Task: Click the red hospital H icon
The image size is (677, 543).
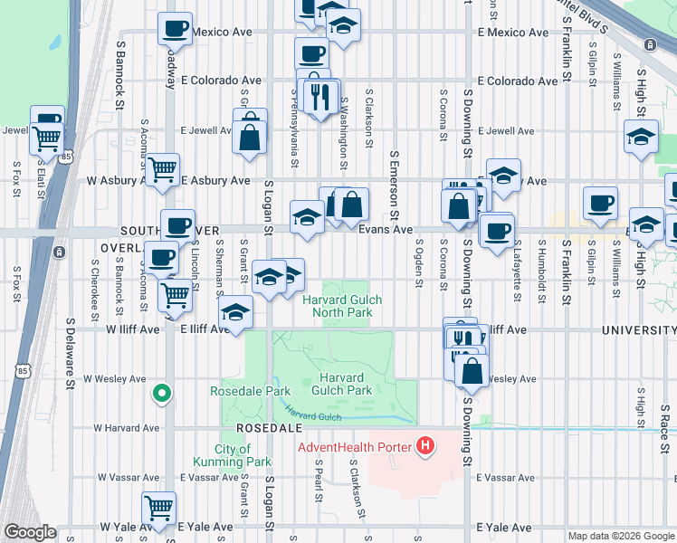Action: pos(424,445)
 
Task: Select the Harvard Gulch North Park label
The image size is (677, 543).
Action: pos(342,307)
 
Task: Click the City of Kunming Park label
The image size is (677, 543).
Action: pos(243,455)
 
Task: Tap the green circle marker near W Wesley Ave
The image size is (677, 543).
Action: pos(161,393)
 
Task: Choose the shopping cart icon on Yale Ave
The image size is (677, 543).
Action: pos(159,508)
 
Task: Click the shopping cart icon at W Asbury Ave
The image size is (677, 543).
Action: pos(162,168)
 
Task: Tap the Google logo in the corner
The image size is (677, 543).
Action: pos(29,532)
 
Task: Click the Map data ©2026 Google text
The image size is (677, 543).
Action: pos(620,536)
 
